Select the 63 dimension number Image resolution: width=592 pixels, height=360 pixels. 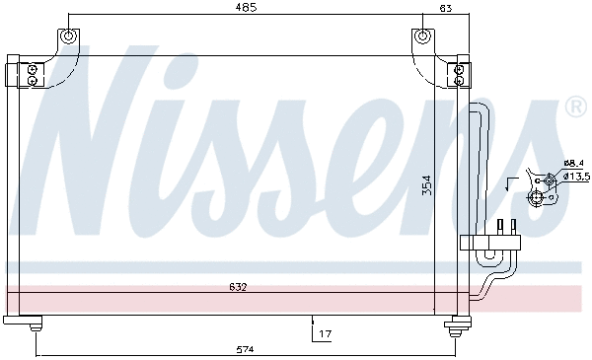(x=445, y=8)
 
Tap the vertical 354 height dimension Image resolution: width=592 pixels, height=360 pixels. (x=427, y=185)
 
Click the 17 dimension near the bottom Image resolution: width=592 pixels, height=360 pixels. (x=325, y=334)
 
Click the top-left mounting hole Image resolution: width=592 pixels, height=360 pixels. (x=68, y=37)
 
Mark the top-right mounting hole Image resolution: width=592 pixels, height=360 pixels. (x=422, y=37)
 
